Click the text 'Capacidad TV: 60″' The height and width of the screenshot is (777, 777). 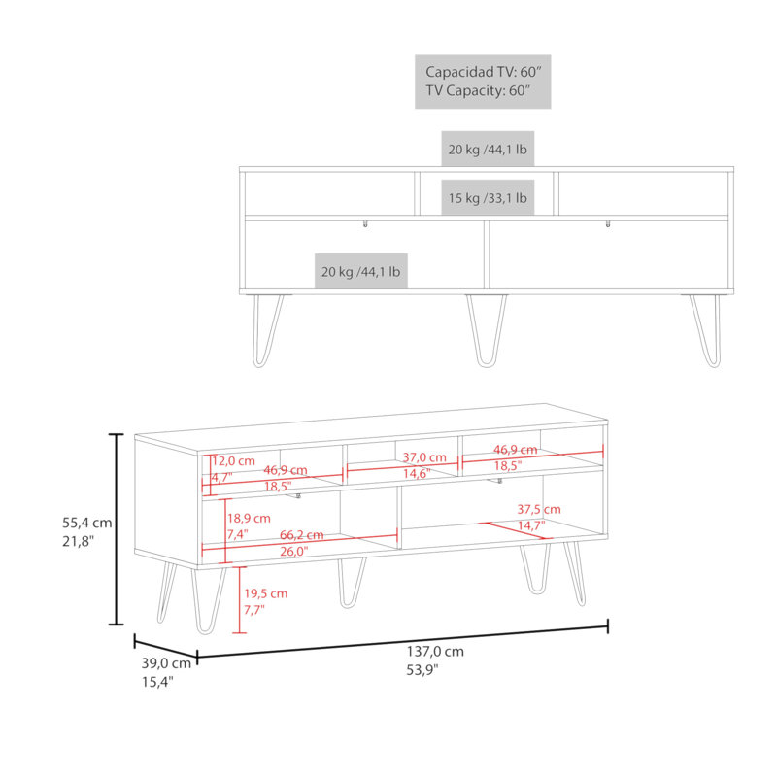point(483,72)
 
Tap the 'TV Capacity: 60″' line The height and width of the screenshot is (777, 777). point(478,90)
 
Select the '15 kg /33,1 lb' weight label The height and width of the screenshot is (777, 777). point(488,198)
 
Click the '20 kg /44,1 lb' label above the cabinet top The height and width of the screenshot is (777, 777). point(488,150)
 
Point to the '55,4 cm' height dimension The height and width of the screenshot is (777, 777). point(87,523)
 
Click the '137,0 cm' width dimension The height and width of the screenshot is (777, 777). point(435,651)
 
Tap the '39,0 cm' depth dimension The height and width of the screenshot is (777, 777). point(166,663)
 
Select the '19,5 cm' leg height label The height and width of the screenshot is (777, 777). point(265,593)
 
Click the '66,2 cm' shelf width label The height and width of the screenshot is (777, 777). point(301,535)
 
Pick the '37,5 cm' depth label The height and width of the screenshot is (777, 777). point(539,509)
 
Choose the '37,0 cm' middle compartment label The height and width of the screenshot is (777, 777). point(424,457)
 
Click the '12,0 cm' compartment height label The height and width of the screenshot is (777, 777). point(233,460)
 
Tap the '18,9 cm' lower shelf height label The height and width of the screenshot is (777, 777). point(249,519)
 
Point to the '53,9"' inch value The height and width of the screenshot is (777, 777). point(422,670)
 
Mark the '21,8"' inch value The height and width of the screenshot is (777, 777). point(78,542)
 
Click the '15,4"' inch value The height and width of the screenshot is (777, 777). point(157,682)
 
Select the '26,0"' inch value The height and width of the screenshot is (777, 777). point(294,551)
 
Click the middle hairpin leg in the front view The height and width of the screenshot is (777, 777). point(487,331)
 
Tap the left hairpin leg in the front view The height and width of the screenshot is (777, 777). point(268,331)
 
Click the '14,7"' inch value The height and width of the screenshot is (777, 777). point(531,525)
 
